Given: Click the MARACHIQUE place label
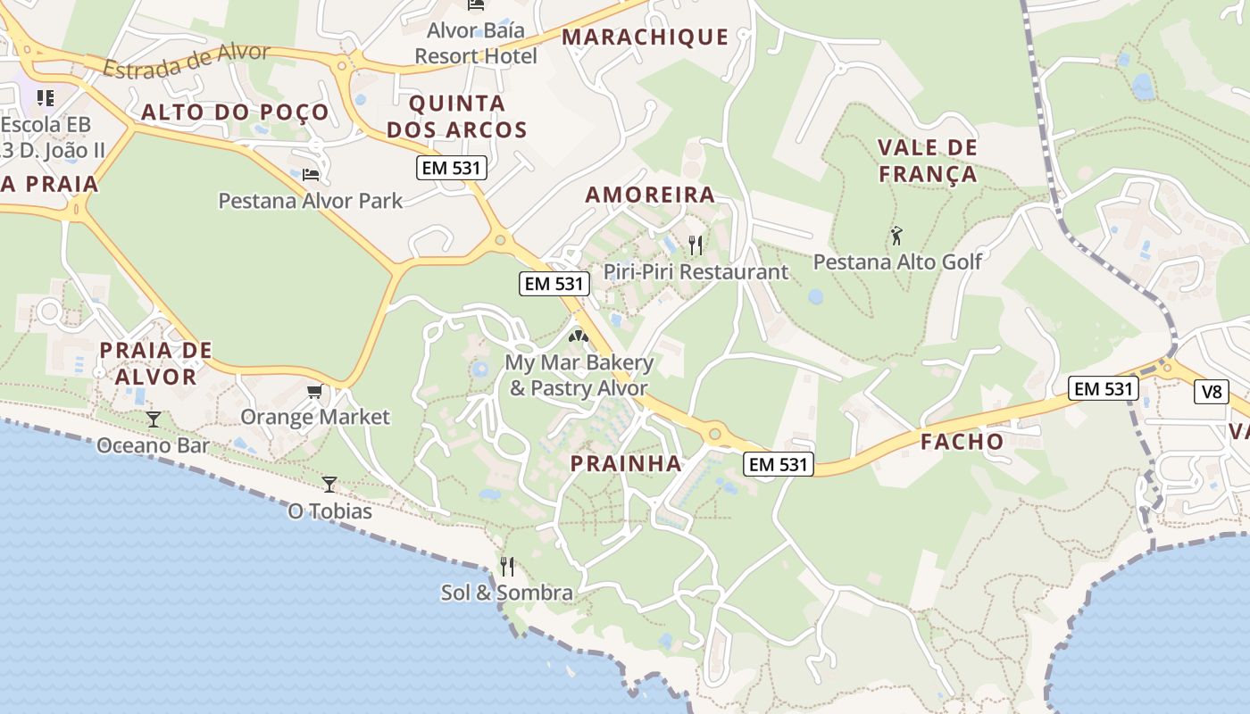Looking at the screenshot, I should coord(646,37).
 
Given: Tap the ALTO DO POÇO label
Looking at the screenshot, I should coord(235,112).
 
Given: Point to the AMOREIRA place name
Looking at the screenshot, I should coord(650,195).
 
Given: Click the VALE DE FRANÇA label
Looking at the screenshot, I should coord(928,161).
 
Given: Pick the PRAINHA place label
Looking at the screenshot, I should coord(626,463).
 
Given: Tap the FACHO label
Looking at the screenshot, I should coord(962,441).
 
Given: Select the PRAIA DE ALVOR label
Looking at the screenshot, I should coord(155,362).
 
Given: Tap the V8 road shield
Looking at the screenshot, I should coord(1212,391).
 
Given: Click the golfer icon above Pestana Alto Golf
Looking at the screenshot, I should coord(897,237).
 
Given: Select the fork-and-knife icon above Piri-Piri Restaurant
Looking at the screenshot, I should coord(696,245).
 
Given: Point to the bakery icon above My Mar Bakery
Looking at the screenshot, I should coord(579,336).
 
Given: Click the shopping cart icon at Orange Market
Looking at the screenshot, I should coord(314,391).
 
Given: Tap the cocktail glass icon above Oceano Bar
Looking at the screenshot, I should coord(154,419).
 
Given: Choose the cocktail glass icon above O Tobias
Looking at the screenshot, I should coord(329,484).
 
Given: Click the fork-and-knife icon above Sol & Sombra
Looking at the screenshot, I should coord(506,566).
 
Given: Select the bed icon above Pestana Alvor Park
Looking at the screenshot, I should coord(310,174).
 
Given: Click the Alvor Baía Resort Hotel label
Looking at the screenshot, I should coord(476,43).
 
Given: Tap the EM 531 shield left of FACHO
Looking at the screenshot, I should coord(779,463).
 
